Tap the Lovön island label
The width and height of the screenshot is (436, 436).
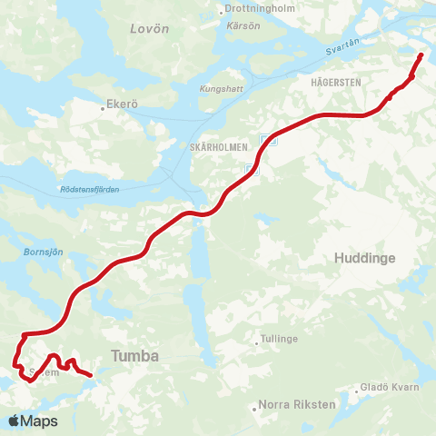(150, 28)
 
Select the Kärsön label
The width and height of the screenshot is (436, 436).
(243, 25)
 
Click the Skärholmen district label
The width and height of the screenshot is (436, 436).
(219, 146)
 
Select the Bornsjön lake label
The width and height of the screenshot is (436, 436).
(45, 252)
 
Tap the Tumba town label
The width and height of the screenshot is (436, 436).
(134, 356)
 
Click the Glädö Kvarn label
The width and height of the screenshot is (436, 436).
(391, 387)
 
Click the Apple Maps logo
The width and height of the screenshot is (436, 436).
(33, 421)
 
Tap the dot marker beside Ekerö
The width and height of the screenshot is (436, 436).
(103, 105)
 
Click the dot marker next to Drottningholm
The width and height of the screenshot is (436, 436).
(221, 13)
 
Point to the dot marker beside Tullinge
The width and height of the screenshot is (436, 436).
(257, 343)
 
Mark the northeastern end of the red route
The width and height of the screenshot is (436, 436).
(421, 55)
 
